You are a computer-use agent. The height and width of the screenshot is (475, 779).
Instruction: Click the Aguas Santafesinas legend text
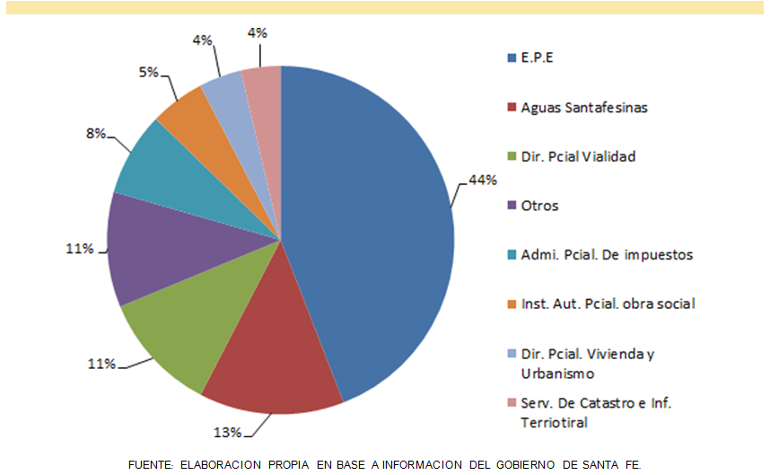[584, 108]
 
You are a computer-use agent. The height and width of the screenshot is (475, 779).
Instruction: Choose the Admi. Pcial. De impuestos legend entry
[607, 255]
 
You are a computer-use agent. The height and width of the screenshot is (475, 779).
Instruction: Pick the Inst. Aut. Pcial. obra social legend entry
[608, 303]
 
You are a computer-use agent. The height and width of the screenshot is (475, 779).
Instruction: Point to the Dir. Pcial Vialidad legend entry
[578, 156]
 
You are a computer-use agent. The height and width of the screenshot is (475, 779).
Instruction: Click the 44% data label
[483, 180]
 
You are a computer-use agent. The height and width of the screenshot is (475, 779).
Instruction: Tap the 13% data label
[227, 433]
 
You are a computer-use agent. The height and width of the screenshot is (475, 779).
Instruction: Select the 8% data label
[96, 134]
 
